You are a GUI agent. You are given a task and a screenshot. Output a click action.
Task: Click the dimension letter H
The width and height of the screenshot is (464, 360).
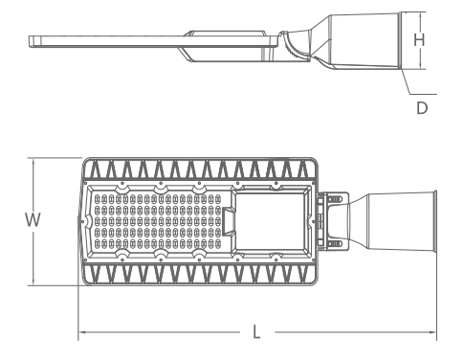[x=419, y=40]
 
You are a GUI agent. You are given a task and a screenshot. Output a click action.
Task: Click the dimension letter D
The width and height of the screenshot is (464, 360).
[x=422, y=108]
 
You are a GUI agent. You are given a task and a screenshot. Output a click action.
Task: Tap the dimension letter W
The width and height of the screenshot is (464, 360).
[x=33, y=220]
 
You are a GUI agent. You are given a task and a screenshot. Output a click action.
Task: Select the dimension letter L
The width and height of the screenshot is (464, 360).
[x=256, y=332]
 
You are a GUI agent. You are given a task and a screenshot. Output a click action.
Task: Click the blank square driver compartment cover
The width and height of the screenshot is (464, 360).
[x=270, y=221]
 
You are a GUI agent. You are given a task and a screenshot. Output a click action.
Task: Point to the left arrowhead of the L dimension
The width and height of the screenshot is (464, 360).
[x=81, y=332]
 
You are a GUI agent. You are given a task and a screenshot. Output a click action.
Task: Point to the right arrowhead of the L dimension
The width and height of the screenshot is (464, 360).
[x=433, y=332]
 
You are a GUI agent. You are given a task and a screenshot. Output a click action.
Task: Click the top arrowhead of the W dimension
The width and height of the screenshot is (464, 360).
[x=33, y=160]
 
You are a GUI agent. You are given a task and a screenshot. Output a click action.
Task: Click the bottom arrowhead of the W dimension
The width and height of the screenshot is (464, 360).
[x=33, y=282]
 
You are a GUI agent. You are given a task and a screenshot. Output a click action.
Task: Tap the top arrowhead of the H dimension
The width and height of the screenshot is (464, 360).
[x=421, y=14]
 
